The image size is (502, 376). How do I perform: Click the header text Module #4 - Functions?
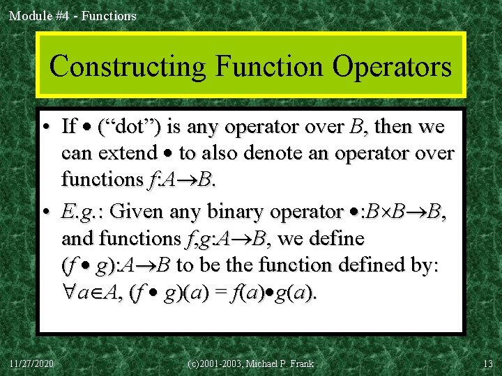point(73,15)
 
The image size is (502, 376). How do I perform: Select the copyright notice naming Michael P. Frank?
point(251,363)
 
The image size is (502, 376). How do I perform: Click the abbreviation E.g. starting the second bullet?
point(81,210)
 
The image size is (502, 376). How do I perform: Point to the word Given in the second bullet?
point(136,210)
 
